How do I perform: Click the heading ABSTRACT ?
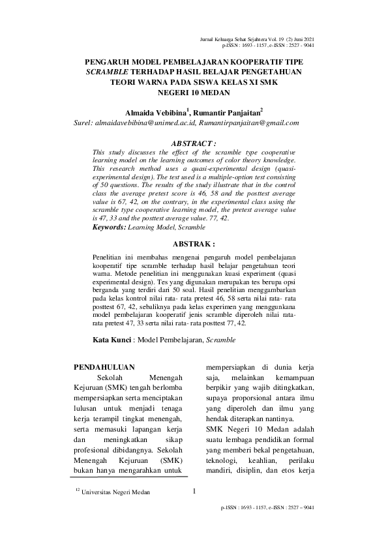(x=193, y=141)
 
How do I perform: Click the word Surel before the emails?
(x=85, y=122)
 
